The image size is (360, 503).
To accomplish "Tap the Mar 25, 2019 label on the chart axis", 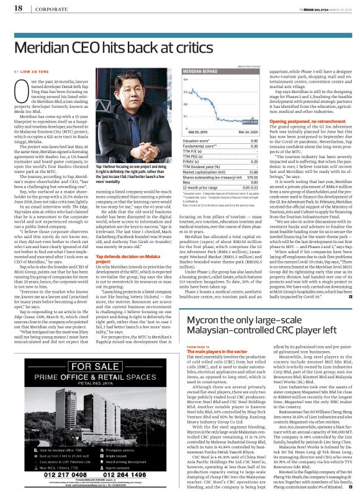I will pos(198,132).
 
